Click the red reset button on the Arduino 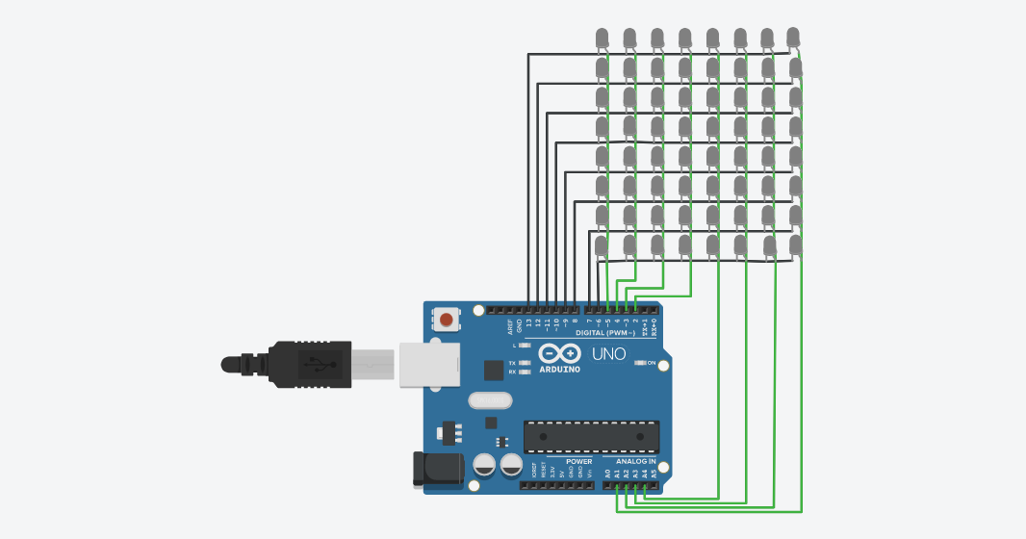click(446, 319)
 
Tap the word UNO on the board click(608, 354)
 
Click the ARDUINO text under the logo click(559, 369)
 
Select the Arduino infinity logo click(559, 353)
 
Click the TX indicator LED click(525, 363)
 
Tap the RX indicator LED click(525, 372)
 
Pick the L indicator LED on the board click(525, 345)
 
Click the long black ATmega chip click(591, 436)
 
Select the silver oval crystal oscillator click(491, 400)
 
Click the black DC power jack click(438, 469)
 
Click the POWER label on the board click(579, 462)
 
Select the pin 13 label click(528, 324)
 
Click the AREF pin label click(510, 326)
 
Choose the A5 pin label click(654, 474)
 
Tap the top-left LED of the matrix click(602, 38)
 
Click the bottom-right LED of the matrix click(796, 244)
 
